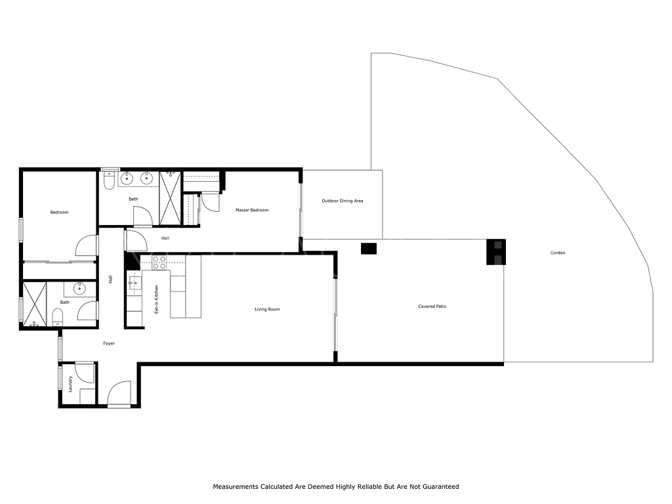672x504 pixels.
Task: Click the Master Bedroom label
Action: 252,210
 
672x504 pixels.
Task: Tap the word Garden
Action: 558,253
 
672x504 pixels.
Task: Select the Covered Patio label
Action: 432,306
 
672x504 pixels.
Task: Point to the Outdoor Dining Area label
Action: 343,201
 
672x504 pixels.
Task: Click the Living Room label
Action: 267,309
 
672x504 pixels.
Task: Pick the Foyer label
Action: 109,343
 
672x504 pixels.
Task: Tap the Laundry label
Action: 70,384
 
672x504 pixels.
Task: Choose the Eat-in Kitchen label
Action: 156,299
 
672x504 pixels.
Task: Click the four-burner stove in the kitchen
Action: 159,262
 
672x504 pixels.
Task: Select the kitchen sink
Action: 134,283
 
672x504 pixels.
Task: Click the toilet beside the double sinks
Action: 109,180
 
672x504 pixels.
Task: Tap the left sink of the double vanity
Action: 127,178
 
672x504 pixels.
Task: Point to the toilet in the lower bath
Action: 58,317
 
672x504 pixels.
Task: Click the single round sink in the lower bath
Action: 79,289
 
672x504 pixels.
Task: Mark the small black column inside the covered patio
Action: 369,249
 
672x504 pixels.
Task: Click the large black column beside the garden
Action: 496,252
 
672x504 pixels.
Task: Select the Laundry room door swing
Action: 85,373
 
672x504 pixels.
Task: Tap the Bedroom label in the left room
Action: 59,212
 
